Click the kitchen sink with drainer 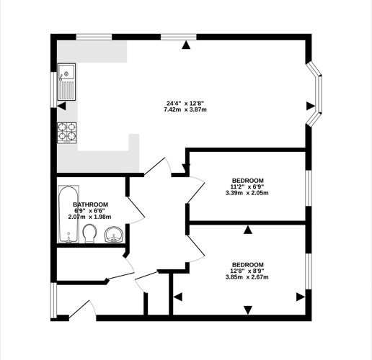click(66, 81)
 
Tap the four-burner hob click(67, 132)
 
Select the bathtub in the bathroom click(68, 214)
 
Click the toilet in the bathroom click(89, 233)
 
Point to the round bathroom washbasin click(114, 235)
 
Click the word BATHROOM click(90, 204)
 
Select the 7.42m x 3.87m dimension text click(185, 109)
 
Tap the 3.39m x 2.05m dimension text click(247, 193)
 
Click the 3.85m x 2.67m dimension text click(247, 277)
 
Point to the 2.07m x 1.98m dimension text click(89, 217)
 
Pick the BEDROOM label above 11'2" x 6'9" click(248, 181)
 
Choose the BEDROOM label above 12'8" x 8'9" click(248, 265)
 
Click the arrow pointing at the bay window click(311, 106)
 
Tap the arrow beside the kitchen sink click(61, 106)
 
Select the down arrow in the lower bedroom click(248, 310)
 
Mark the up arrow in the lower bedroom click(248, 230)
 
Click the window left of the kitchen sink click(53, 89)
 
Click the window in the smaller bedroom click(309, 188)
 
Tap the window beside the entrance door click(53, 300)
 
